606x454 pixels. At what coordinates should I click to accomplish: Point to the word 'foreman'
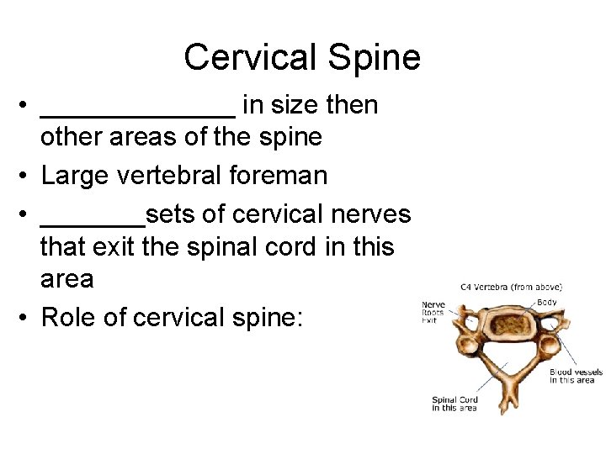286,175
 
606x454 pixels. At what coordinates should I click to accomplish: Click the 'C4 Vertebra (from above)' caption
511,287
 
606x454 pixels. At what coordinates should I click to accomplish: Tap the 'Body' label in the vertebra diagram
546,302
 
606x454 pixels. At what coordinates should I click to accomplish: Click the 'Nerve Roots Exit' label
433,312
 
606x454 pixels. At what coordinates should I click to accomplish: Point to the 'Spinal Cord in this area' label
454,404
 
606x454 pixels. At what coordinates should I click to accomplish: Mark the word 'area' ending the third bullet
66,278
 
